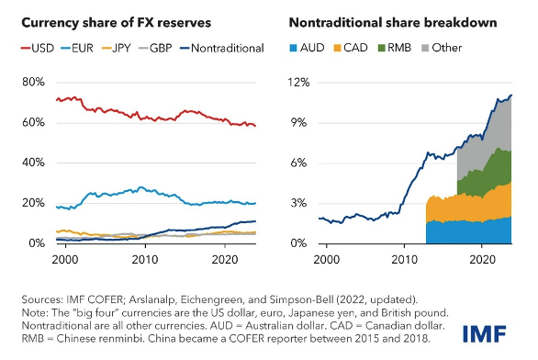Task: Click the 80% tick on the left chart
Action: pos(33,82)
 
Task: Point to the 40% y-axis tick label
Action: pos(33,163)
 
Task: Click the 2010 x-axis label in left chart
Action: pos(143,260)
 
